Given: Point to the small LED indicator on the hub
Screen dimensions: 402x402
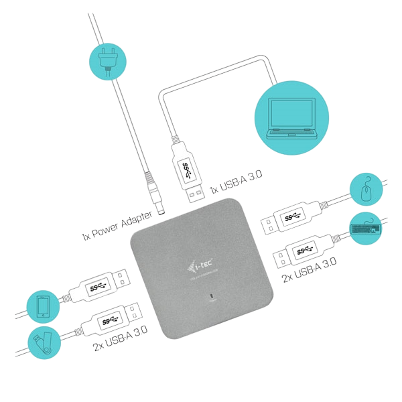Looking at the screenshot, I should point(213,295).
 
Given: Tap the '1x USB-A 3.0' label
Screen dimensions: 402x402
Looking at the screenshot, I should point(235,181).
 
